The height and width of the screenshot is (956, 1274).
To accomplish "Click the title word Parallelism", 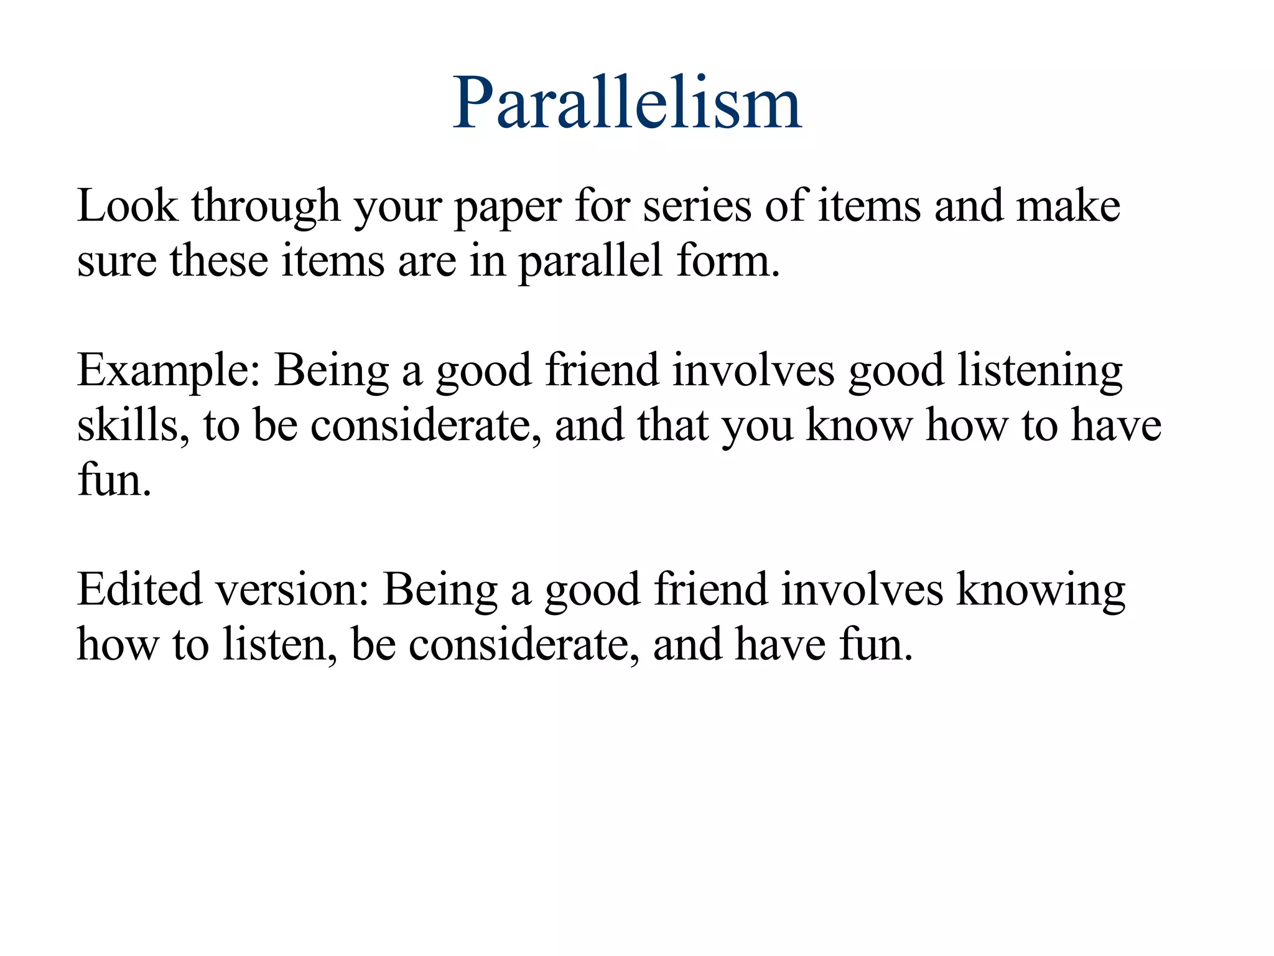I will tap(627, 103).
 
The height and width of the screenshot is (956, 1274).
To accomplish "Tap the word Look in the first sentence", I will tap(127, 206).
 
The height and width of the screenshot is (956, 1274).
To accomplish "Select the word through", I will tap(266, 207).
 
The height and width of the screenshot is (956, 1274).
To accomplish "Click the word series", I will tap(697, 206).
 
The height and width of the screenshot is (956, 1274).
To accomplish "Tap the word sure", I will tap(116, 262).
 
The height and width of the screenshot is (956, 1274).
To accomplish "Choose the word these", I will tap(218, 261).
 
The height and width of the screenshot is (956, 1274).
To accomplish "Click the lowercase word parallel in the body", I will tap(590, 262).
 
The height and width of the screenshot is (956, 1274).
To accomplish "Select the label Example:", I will tap(169, 372).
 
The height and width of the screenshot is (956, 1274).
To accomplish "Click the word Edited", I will tap(139, 589).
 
